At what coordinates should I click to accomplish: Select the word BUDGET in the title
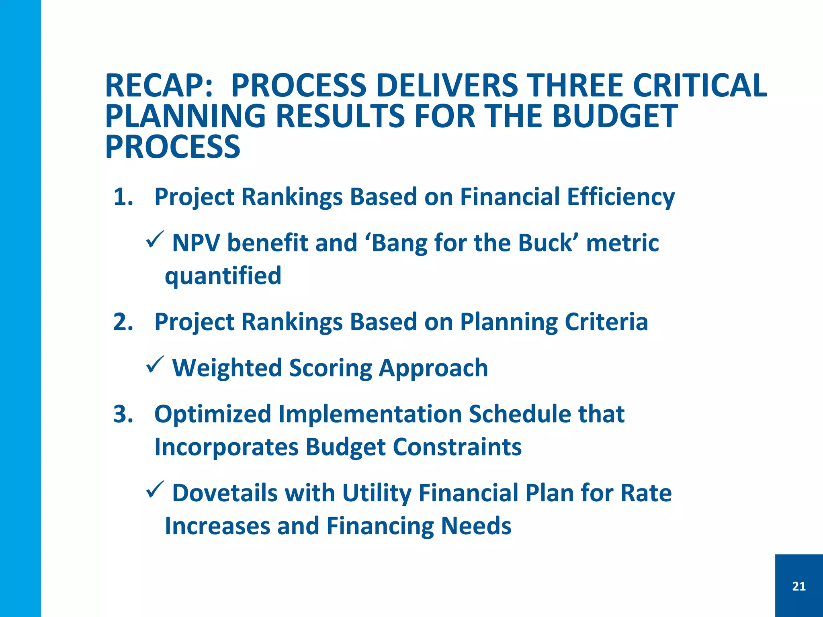tap(615, 116)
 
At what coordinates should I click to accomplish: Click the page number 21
tap(799, 586)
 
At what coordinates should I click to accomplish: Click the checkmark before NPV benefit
tap(154, 240)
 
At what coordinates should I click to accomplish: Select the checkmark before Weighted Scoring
tap(154, 365)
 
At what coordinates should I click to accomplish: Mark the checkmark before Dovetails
tap(154, 490)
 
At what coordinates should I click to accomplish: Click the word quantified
tap(223, 276)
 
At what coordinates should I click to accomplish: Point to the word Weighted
tap(227, 368)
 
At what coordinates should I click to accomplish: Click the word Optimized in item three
tap(213, 414)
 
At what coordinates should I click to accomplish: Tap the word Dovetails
tap(225, 493)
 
